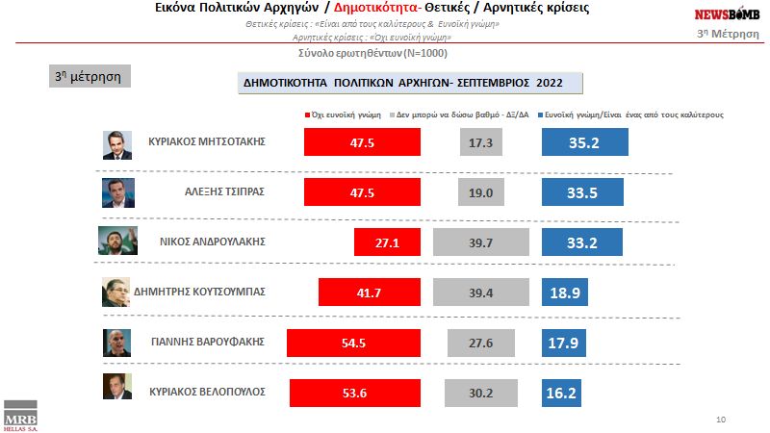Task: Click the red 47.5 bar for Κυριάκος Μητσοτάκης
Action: (362, 141)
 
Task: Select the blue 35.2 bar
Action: (585, 141)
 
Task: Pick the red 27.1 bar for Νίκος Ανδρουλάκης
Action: (387, 242)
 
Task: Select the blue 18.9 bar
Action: (565, 293)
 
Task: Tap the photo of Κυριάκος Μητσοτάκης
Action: (117, 143)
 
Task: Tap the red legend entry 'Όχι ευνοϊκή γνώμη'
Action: (346, 113)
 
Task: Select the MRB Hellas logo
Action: (20, 418)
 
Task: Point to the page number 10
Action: (722, 420)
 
